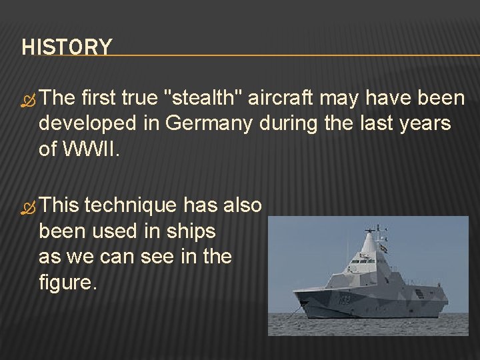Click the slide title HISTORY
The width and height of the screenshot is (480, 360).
coord(67,47)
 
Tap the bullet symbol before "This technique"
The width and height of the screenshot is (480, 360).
coord(29,207)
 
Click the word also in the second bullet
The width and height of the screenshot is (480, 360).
coord(241,205)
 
